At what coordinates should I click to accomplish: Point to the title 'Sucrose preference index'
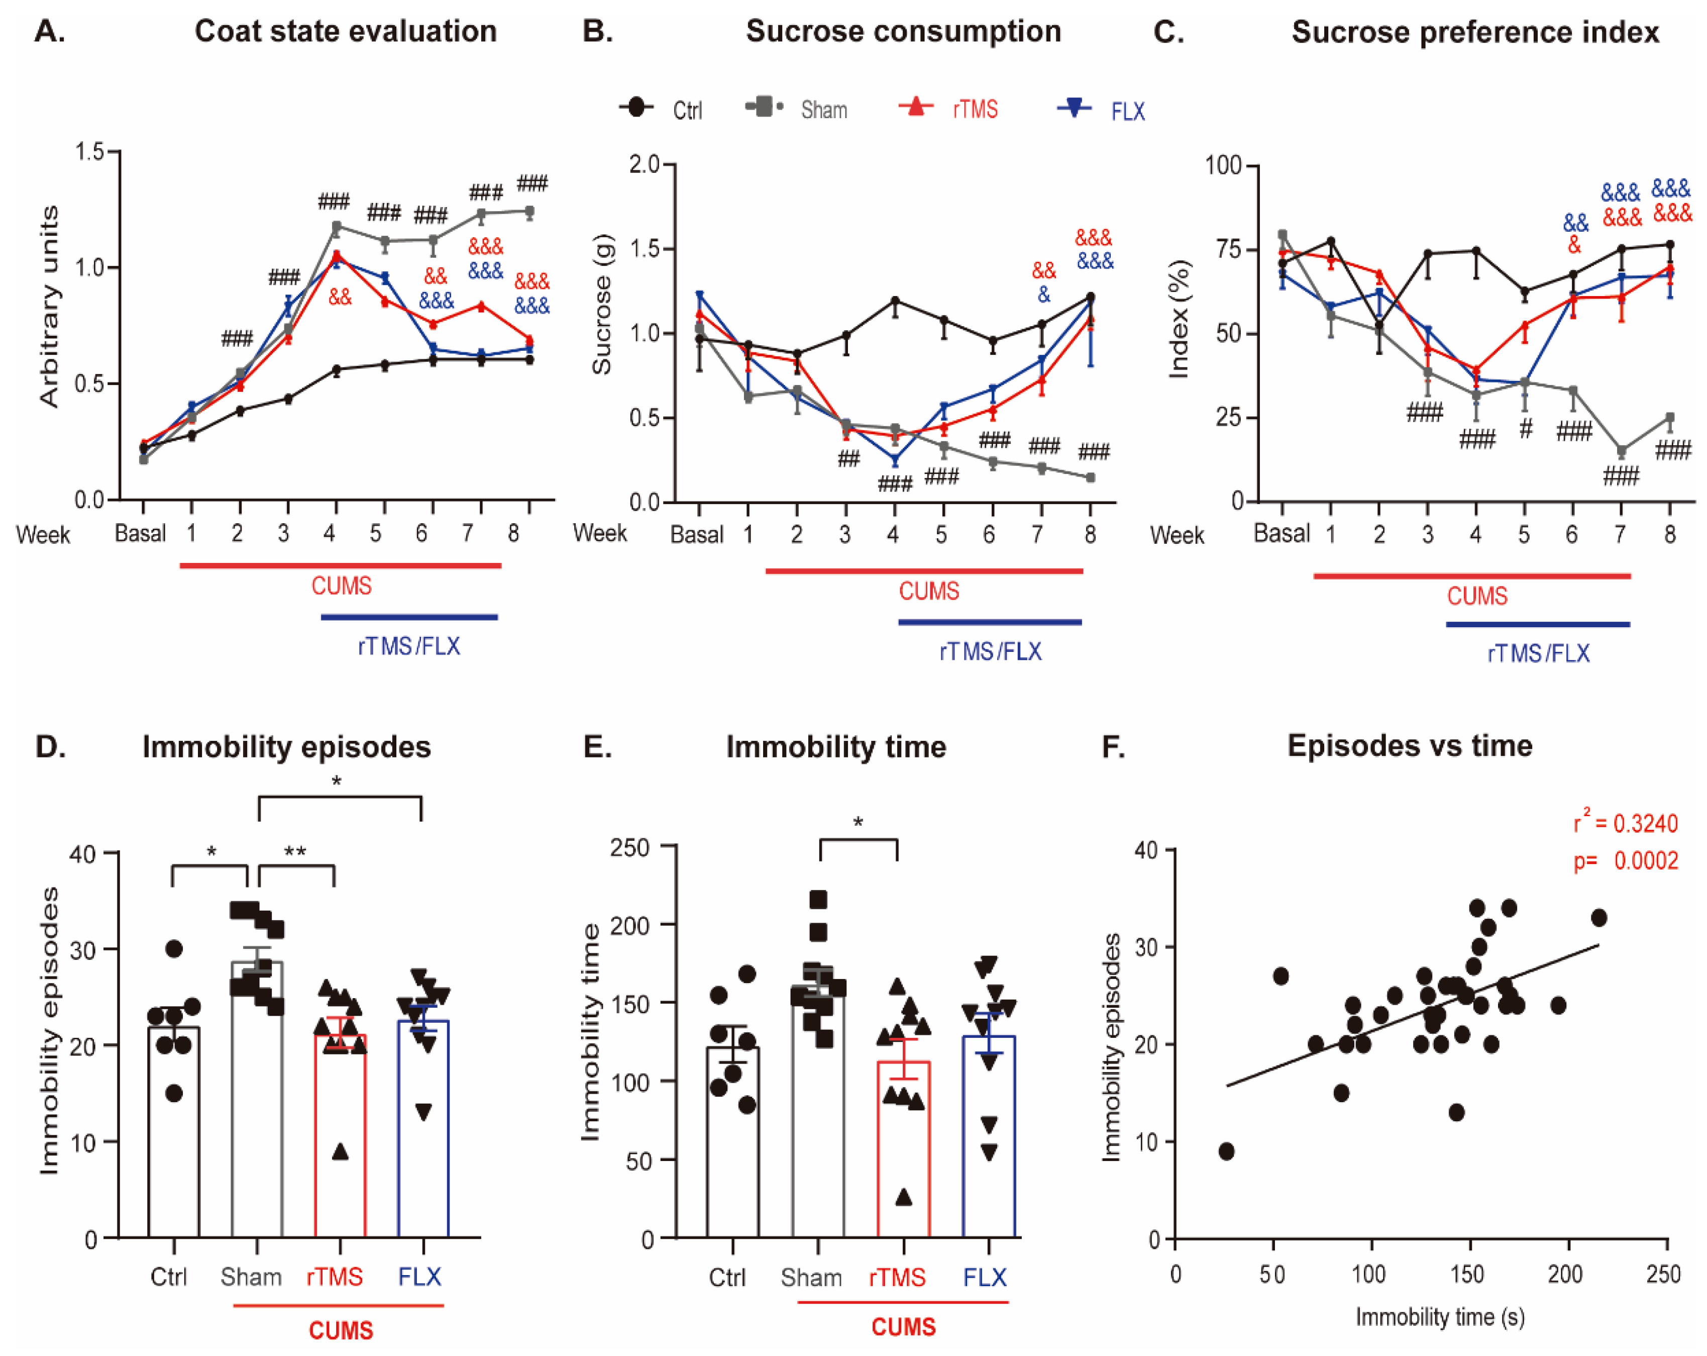pos(1474,33)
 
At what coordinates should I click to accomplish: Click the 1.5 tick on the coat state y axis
pos(90,151)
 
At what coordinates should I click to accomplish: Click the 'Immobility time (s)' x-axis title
pos(1439,1316)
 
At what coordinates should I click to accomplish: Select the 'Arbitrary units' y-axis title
pos(49,307)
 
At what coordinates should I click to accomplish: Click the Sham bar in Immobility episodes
pos(257,1101)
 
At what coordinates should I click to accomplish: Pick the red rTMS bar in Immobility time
pos(903,1148)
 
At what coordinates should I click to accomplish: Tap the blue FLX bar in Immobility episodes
pos(423,1129)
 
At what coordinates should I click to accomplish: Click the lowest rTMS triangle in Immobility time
pos(903,1197)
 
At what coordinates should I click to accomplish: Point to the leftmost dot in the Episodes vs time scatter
pos(1226,1151)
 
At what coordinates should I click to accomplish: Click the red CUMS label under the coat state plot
pos(341,586)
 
